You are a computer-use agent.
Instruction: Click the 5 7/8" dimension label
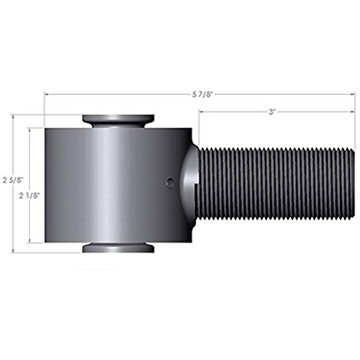click(x=202, y=94)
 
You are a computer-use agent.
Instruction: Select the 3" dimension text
click(x=271, y=112)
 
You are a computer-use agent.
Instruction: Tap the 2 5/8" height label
click(x=13, y=180)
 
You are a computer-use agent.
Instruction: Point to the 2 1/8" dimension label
click(x=30, y=196)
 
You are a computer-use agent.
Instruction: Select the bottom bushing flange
click(x=118, y=248)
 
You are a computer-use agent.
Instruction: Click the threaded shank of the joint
click(x=276, y=184)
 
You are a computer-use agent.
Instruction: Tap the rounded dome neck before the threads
click(x=189, y=184)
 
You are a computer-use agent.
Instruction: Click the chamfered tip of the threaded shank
click(x=352, y=184)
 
